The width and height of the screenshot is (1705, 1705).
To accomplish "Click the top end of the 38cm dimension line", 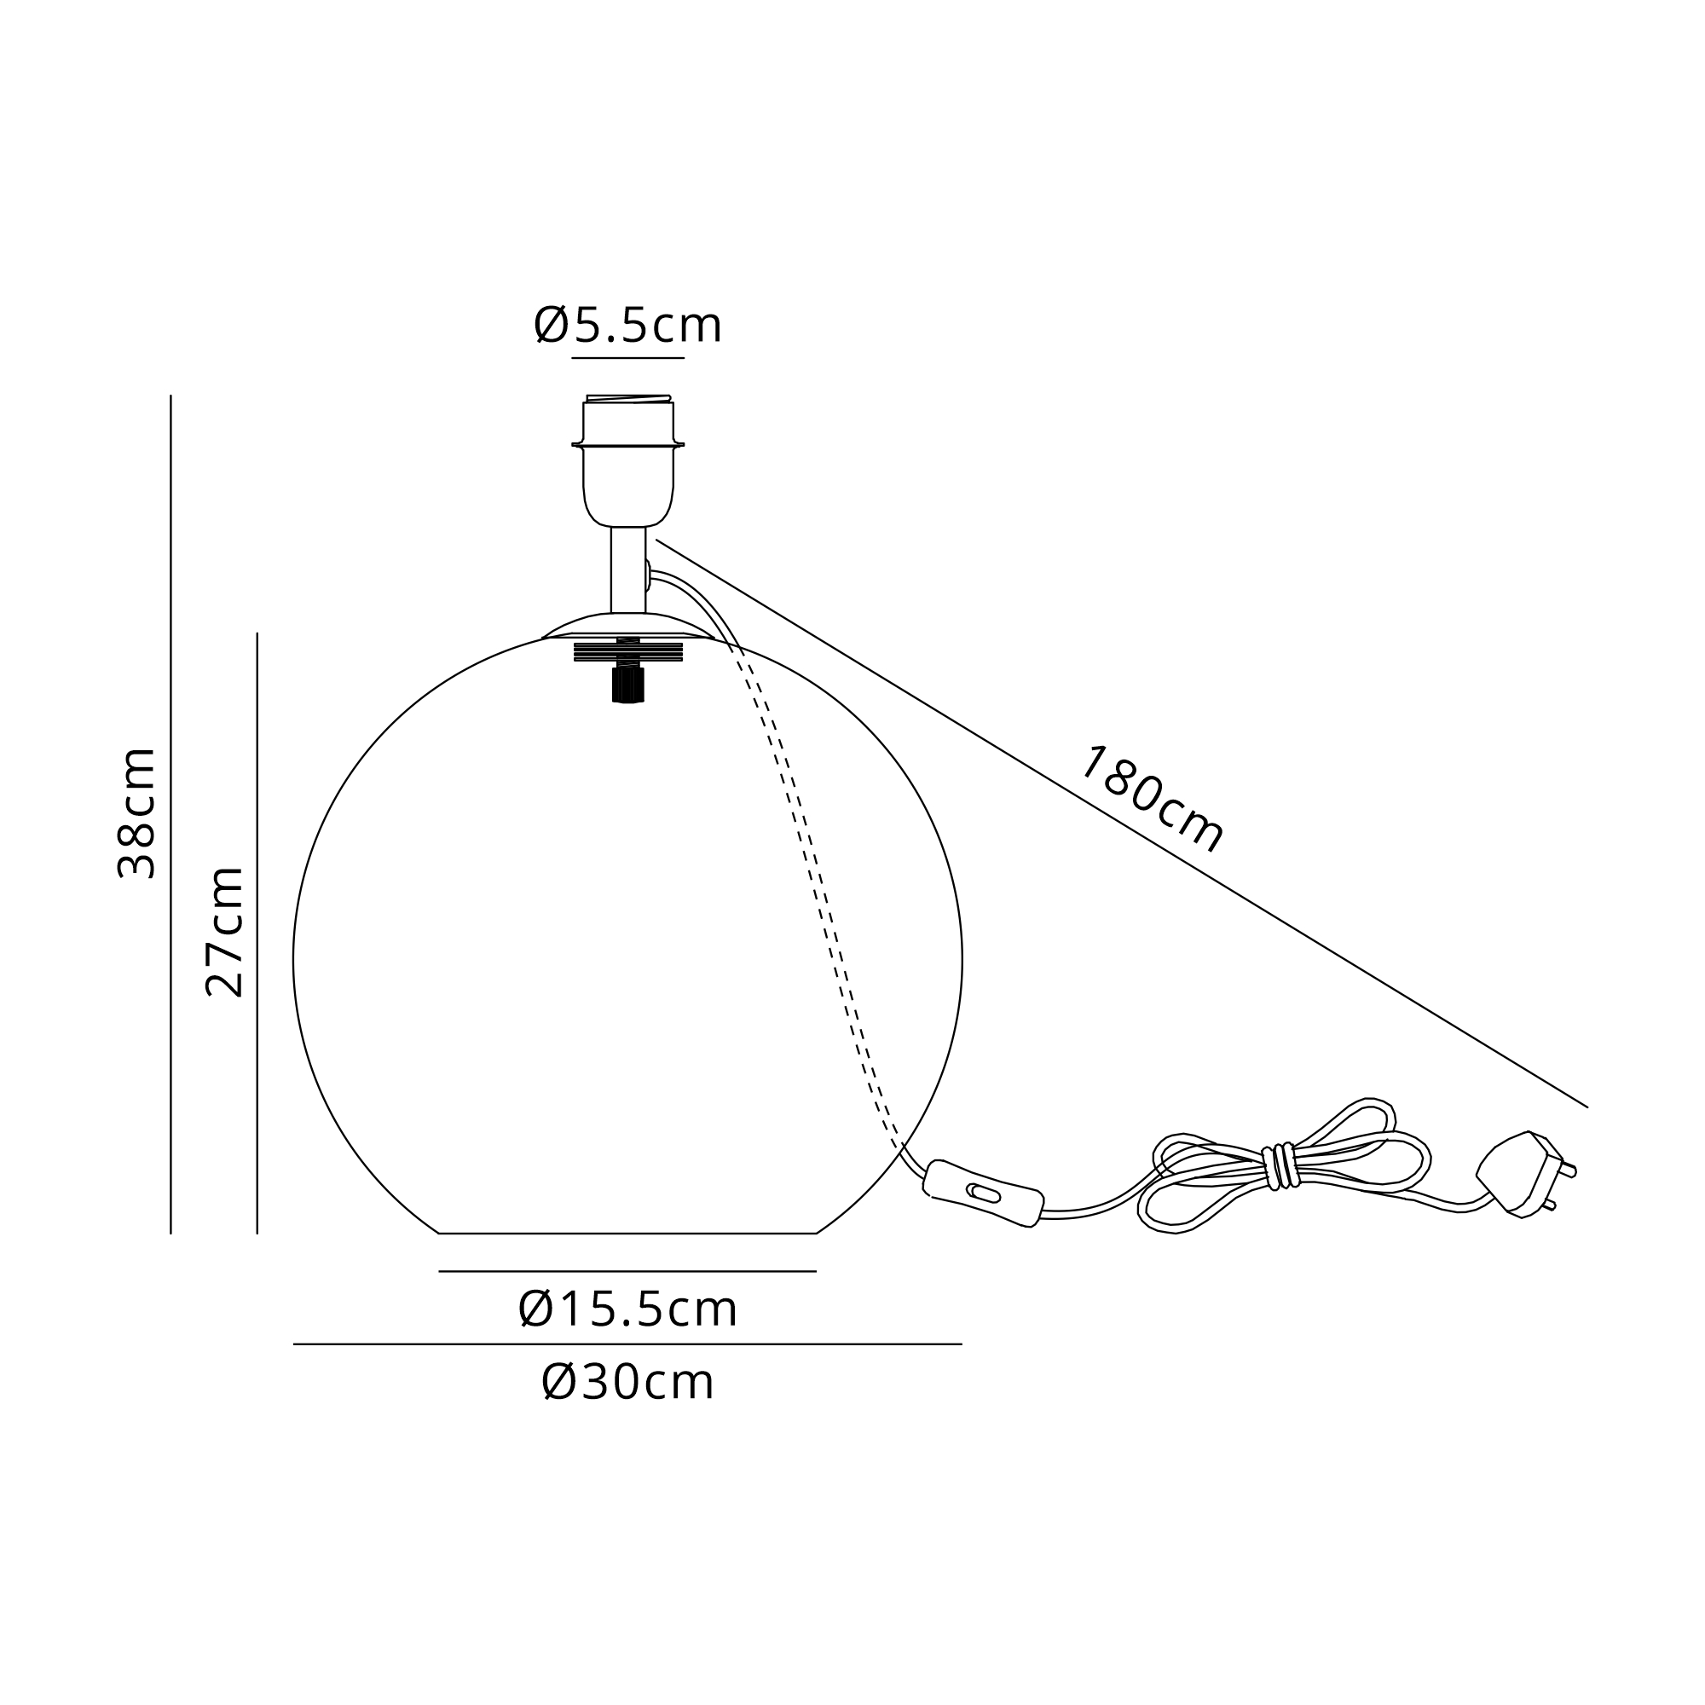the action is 170,396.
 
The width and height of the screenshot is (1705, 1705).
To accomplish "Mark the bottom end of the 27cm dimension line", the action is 257,1234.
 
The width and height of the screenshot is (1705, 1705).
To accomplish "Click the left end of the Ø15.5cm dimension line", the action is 440,1272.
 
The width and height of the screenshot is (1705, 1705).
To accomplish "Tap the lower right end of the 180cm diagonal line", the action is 1587,1107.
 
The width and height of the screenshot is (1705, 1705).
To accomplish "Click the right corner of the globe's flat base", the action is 818,1233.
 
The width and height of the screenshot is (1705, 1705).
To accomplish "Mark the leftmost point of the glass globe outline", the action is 293,960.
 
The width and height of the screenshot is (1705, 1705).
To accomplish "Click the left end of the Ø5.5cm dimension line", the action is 572,358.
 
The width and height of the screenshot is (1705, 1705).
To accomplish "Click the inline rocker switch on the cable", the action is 984,1193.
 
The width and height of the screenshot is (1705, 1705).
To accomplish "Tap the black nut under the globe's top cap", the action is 627,685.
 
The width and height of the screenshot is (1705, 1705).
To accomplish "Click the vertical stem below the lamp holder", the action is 627,570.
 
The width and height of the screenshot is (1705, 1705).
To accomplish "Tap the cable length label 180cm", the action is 1151,799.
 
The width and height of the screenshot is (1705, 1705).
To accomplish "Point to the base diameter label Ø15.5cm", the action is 627,1309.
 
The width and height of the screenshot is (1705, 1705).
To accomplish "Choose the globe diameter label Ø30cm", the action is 627,1382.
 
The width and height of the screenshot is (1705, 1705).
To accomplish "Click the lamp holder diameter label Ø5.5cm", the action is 627,325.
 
